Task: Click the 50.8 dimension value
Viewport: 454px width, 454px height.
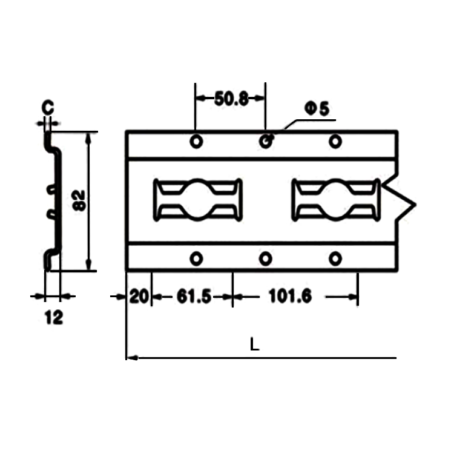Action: pyautogui.click(x=231, y=99)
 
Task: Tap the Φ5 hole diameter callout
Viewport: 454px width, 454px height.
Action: pyautogui.click(x=317, y=109)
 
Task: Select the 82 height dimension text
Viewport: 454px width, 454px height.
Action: pyautogui.click(x=79, y=200)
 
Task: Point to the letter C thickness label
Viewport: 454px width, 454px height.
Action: pyautogui.click(x=48, y=107)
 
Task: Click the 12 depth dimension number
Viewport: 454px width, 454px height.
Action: pyautogui.click(x=54, y=317)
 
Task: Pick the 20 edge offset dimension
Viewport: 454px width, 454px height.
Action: pyautogui.click(x=139, y=297)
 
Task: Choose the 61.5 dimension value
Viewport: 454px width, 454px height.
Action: pyautogui.click(x=194, y=297)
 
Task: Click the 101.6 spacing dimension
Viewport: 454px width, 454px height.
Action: pyautogui.click(x=291, y=296)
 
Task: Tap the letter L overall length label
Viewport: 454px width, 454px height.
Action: pyautogui.click(x=254, y=344)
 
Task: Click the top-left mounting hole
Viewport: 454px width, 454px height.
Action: pyautogui.click(x=196, y=142)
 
